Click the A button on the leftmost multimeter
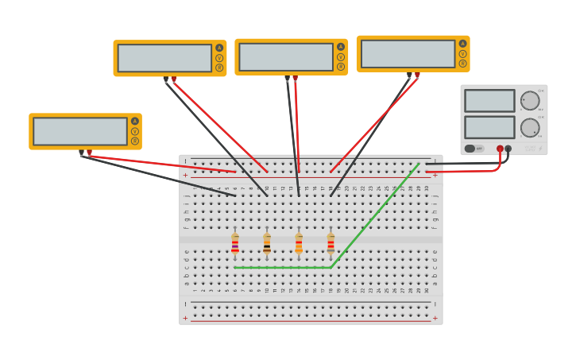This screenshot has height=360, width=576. [x=135, y=122]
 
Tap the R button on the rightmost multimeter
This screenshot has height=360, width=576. [x=462, y=64]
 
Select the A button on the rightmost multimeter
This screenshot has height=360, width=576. [x=462, y=44]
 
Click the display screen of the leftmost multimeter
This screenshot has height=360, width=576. [x=79, y=131]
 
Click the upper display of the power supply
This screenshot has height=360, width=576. [x=489, y=101]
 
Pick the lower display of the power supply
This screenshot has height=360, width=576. [x=489, y=127]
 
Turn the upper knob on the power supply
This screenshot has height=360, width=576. [x=529, y=101]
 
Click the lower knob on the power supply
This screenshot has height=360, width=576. [x=529, y=127]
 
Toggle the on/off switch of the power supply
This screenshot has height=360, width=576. [x=470, y=149]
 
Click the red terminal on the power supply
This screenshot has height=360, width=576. [x=500, y=149]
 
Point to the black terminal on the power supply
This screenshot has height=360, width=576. [x=508, y=149]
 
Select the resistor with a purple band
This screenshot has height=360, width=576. [x=235, y=244]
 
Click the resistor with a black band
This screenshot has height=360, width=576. [x=267, y=244]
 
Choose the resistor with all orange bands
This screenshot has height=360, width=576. [x=299, y=244]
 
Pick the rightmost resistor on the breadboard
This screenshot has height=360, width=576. [x=331, y=244]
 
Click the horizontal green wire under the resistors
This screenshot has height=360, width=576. [x=282, y=268]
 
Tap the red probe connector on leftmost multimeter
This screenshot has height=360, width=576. [x=89, y=152]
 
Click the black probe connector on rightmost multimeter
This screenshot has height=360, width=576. [x=409, y=75]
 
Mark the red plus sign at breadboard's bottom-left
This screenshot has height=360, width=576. [x=185, y=319]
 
